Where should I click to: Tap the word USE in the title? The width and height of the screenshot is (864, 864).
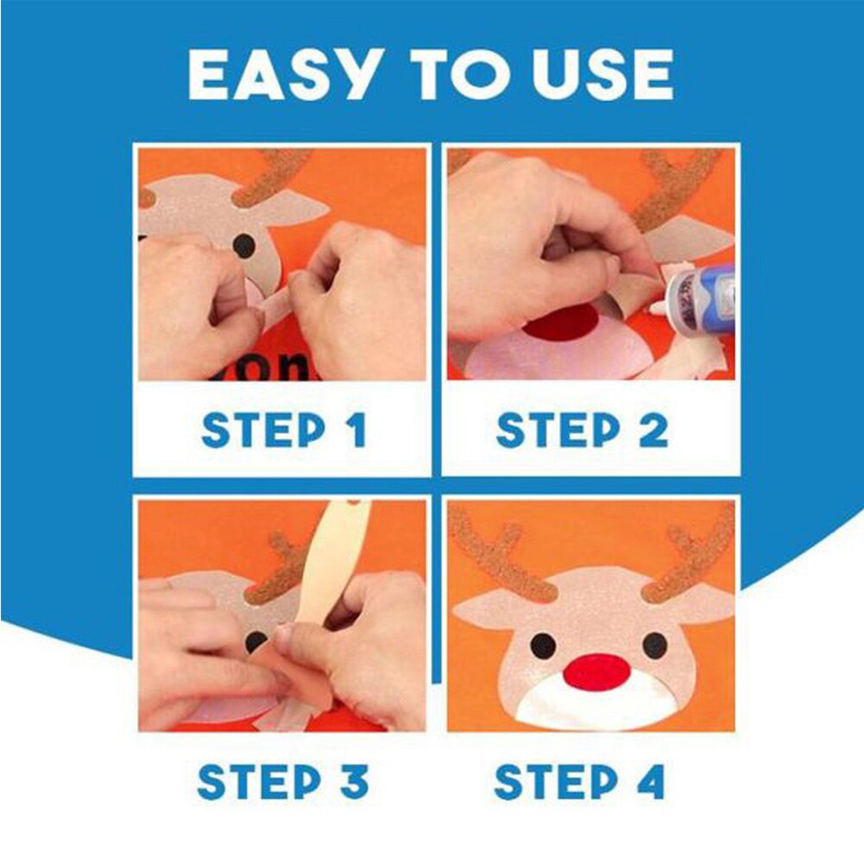pos(602,75)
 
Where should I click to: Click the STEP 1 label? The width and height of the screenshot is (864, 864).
pos(283,431)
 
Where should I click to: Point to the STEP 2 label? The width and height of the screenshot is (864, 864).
pos(582,431)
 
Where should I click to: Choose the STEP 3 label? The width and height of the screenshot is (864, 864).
pos(283,782)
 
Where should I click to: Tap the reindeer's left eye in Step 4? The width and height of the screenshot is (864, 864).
pos(542,644)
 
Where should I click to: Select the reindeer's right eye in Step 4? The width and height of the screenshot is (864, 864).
pos(654,644)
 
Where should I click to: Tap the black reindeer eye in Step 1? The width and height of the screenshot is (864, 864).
pos(245,246)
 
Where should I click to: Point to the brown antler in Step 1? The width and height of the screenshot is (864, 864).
pos(272,177)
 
